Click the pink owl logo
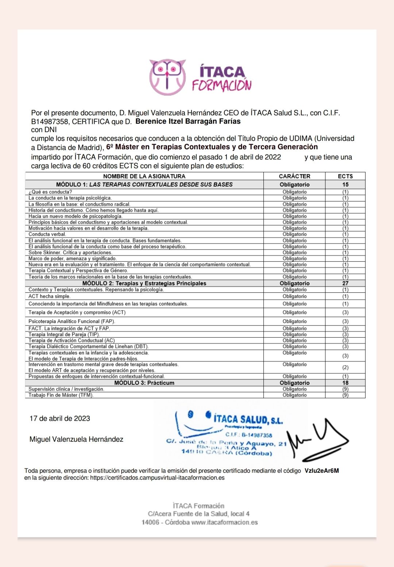(167, 77)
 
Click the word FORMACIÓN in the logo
(222, 85)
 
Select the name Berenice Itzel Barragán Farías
(188, 122)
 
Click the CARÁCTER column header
(294, 176)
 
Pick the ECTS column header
(345, 176)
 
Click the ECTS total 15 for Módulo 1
(345, 185)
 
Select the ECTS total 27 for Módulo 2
(345, 283)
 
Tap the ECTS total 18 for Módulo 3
(345, 383)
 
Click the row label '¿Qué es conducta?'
(50, 192)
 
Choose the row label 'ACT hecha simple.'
(49, 296)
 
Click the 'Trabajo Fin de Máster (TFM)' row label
(61, 395)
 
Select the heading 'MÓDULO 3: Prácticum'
(144, 383)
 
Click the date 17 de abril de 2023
(60, 418)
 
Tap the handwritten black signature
(317, 440)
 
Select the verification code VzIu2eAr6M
(321, 471)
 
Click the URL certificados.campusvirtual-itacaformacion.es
(157, 478)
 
